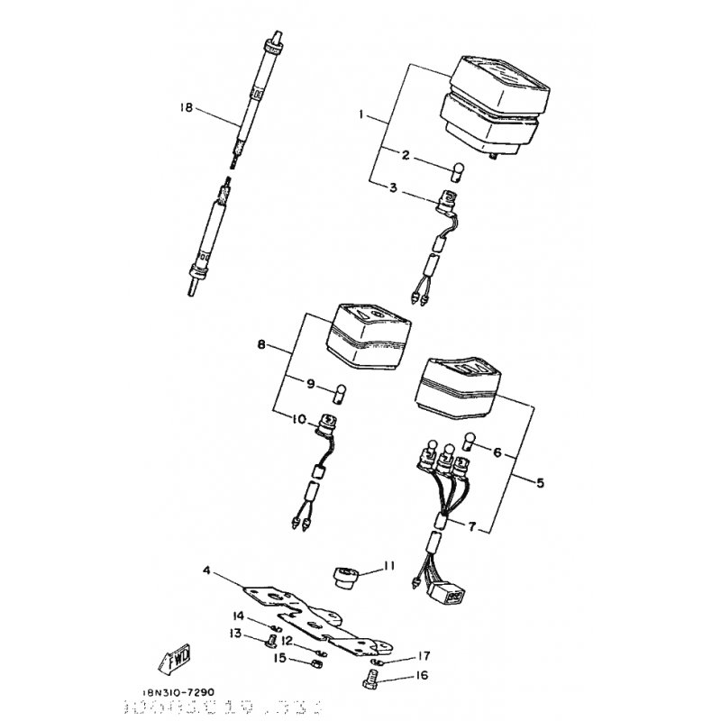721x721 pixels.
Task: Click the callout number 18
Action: [187, 107]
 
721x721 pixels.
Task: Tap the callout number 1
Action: [360, 115]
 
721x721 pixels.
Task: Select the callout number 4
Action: [206, 570]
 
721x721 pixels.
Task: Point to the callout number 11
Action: [389, 566]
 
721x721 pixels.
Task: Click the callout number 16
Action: [423, 673]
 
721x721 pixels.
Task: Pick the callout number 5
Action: [540, 482]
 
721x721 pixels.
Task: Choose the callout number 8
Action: [261, 345]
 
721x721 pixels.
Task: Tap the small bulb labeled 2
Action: [456, 169]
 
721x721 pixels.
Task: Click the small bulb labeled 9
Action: [339, 391]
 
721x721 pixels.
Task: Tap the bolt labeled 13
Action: [267, 643]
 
